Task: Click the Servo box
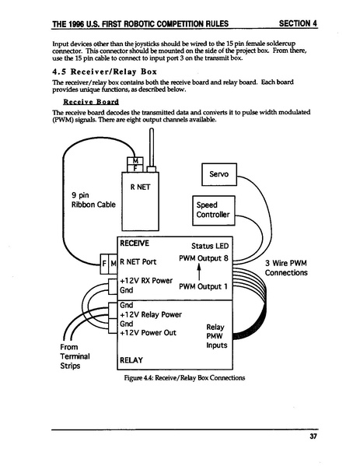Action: tap(218, 175)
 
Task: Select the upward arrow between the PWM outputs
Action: tap(199, 272)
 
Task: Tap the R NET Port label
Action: tap(138, 261)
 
